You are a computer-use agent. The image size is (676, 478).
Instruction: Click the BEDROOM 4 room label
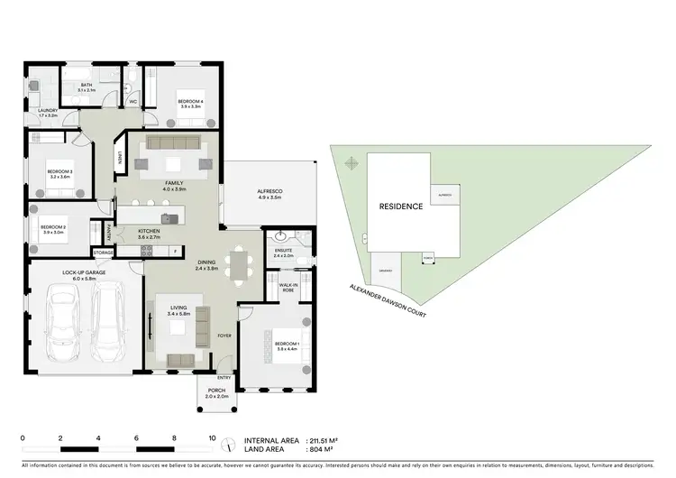[189, 99]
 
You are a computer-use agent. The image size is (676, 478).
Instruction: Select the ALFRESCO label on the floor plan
[269, 191]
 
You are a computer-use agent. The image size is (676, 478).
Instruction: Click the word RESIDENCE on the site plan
[400, 207]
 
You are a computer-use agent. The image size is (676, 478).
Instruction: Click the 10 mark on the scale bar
[212, 437]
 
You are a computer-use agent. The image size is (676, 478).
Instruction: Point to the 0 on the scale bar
[23, 437]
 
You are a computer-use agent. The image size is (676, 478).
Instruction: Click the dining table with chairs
[238, 264]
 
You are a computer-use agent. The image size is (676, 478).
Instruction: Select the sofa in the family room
[173, 142]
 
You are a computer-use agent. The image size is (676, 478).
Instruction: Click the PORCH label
[217, 391]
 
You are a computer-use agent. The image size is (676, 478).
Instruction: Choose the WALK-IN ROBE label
[288, 287]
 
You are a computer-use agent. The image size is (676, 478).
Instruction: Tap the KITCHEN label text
[149, 231]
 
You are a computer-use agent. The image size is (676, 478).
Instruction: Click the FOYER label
[224, 336]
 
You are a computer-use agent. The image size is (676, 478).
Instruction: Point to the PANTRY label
[110, 232]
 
